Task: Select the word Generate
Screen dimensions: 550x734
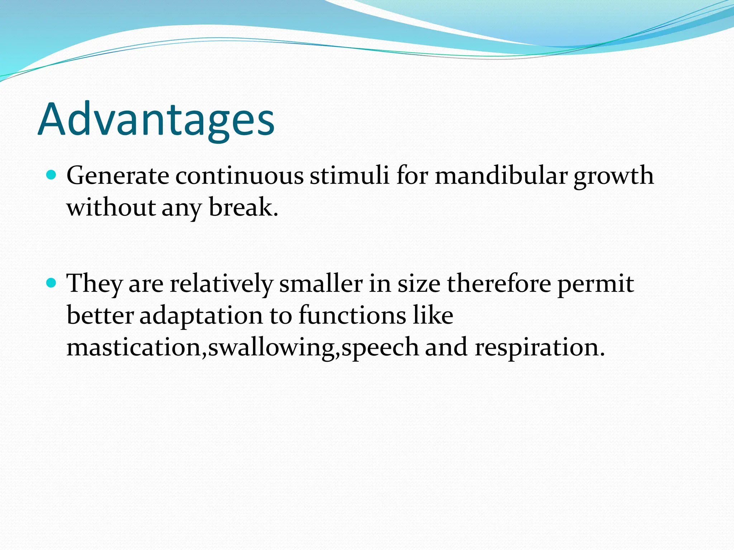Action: (x=118, y=176)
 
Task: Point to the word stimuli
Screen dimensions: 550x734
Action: (x=349, y=176)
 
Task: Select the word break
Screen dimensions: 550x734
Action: (x=243, y=208)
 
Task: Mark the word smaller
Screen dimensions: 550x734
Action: (x=321, y=284)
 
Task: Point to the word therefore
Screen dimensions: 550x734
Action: (x=499, y=284)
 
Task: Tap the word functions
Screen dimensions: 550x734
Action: (x=352, y=316)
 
